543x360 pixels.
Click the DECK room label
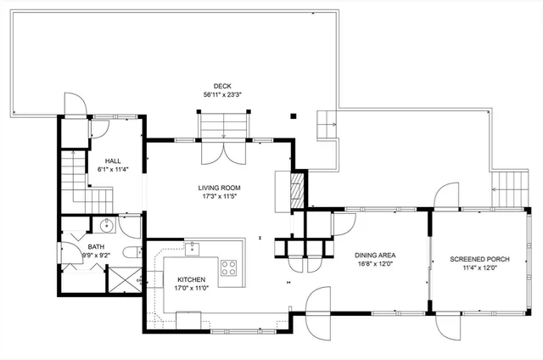(x=223, y=85)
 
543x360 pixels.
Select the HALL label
(x=113, y=160)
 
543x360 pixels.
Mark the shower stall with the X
(x=124, y=279)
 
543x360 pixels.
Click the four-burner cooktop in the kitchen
(x=229, y=267)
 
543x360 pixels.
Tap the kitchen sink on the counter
(x=193, y=247)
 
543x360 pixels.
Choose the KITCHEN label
(x=191, y=279)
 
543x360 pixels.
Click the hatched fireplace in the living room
(x=297, y=188)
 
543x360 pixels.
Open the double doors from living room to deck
(x=223, y=153)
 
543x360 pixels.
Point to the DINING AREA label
(x=376, y=255)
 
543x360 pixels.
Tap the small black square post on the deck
(x=294, y=116)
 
